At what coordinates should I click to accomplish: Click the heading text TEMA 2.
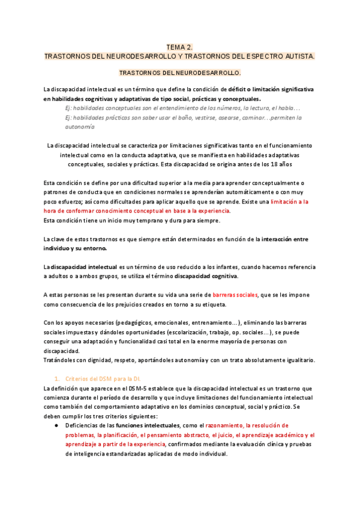point(179,47)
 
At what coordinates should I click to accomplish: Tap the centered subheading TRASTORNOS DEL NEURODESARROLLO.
point(180,73)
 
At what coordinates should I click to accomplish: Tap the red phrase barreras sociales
point(235,295)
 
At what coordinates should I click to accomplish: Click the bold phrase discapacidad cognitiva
point(206,276)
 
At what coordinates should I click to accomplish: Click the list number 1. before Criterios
point(57,379)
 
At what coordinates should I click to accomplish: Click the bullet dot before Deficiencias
point(55,425)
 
